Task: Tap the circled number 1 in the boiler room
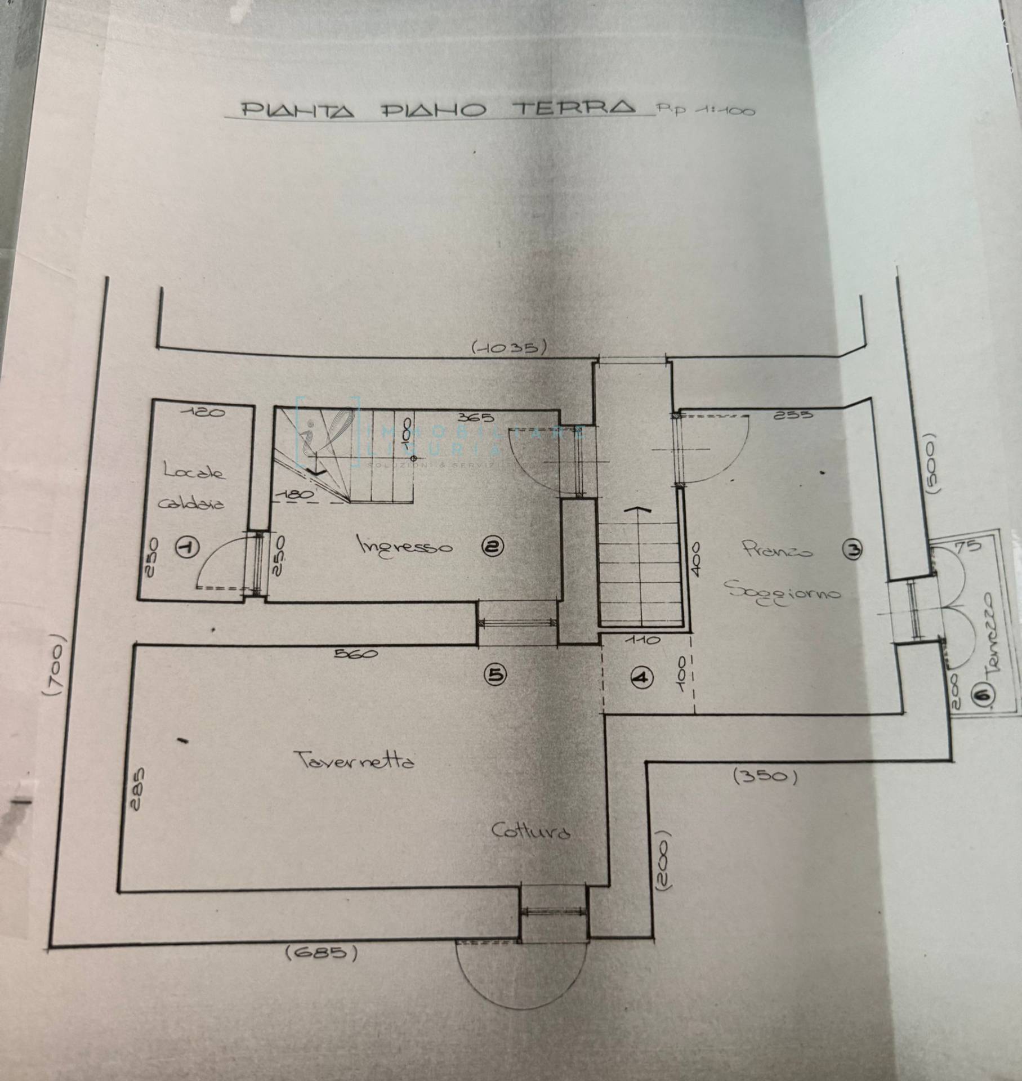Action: coord(188,547)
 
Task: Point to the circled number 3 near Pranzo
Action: coord(853,550)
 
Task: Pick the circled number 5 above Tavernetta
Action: coord(497,675)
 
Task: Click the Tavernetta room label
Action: coord(354,761)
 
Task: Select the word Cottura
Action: coord(530,831)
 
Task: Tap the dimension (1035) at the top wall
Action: coord(509,347)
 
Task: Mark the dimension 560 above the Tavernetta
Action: coord(356,654)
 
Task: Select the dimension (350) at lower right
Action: coord(765,777)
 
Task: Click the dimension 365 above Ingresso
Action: coord(476,418)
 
